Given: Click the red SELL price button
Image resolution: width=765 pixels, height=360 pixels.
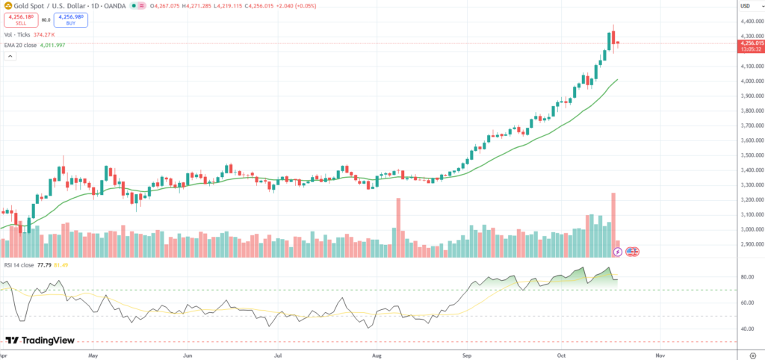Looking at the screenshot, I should coord(18,20).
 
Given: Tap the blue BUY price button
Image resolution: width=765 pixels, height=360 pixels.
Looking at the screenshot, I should coord(71,20).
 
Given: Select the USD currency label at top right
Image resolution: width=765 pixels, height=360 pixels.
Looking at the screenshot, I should coord(744,7).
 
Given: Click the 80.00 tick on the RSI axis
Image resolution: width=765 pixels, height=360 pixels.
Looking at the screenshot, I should coord(746,277).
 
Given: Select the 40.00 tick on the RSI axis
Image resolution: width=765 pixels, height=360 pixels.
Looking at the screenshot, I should coord(746,329).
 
